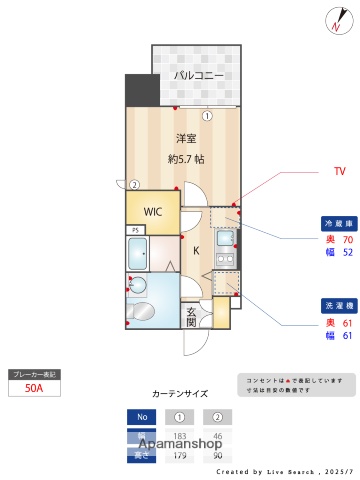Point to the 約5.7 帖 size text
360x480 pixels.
click(186, 158)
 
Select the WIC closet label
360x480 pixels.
click(153, 212)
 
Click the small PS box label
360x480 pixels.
click(134, 231)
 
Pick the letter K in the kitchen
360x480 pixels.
click(196, 251)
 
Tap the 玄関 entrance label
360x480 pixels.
click(192, 317)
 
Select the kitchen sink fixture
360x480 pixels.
click(227, 240)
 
